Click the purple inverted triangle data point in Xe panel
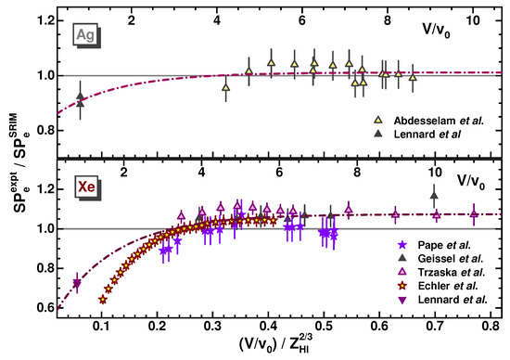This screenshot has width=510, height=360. coord(77,285)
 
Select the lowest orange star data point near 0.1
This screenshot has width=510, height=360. coord(102,300)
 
